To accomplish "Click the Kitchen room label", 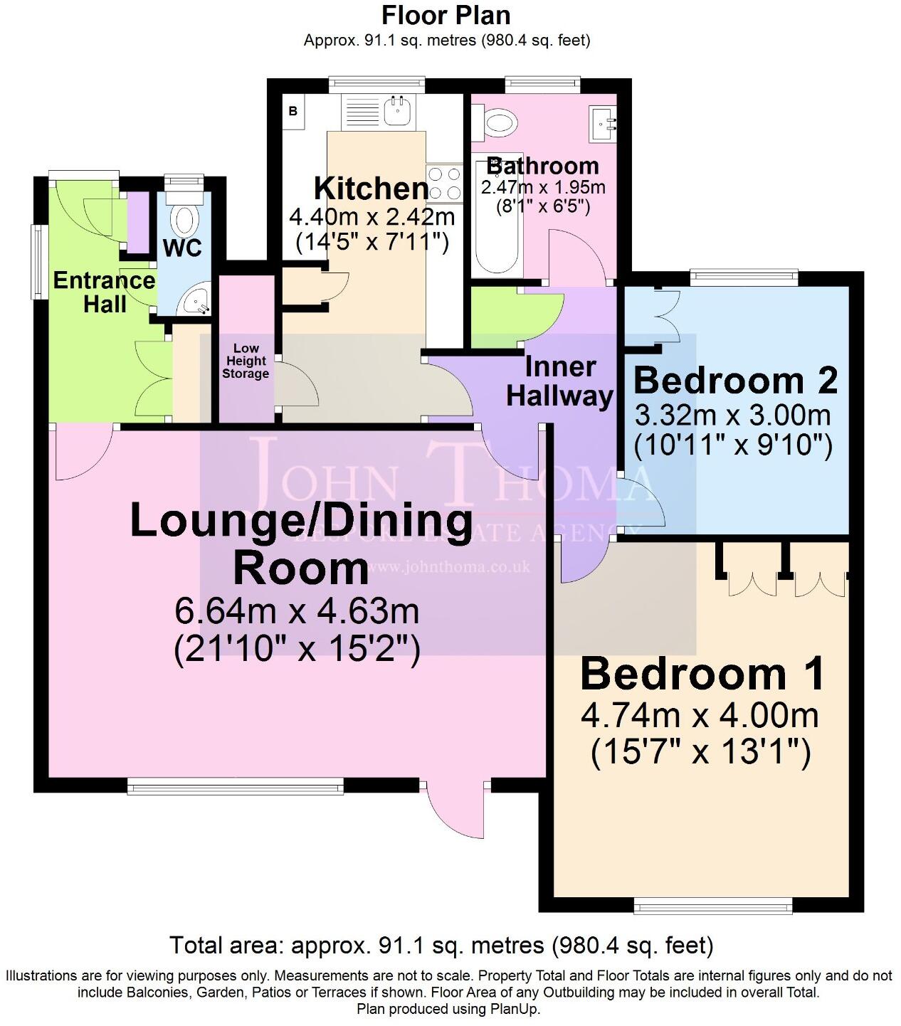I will tap(372, 189).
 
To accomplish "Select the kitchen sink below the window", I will tap(395, 110).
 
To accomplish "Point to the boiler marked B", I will tap(293, 112).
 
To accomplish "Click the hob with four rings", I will tap(443, 182).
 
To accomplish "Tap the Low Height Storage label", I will tap(246, 361).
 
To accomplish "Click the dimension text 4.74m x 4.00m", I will tap(700, 715).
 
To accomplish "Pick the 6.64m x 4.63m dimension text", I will tap(296, 610).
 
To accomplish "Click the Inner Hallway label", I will tap(559, 381).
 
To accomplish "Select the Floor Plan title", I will tap(446, 14).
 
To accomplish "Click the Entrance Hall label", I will tap(104, 292).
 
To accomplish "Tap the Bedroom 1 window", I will tap(712, 906).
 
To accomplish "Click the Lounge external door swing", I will tap(455, 811).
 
